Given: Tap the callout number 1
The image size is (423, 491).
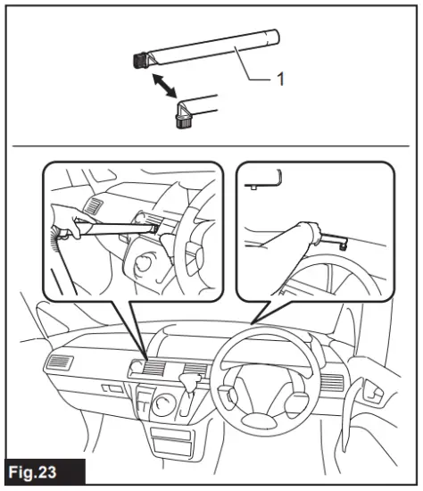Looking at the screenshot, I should [x=279, y=79].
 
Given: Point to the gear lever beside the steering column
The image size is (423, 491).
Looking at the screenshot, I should [x=191, y=382].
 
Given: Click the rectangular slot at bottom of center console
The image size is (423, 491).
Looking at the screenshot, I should [x=170, y=441].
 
